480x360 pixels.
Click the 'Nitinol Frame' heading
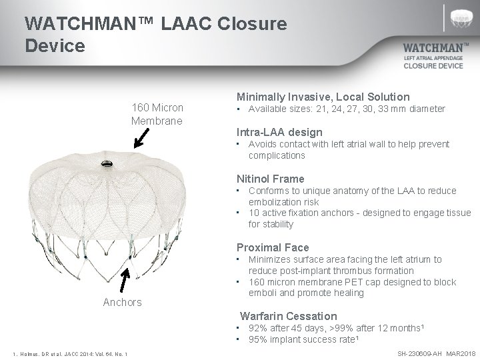[x=271, y=179]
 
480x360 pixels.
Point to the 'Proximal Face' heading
[x=273, y=247]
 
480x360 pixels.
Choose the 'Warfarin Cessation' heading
[x=289, y=316]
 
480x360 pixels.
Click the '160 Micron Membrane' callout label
[x=157, y=114]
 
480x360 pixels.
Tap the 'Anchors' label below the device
[x=123, y=303]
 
